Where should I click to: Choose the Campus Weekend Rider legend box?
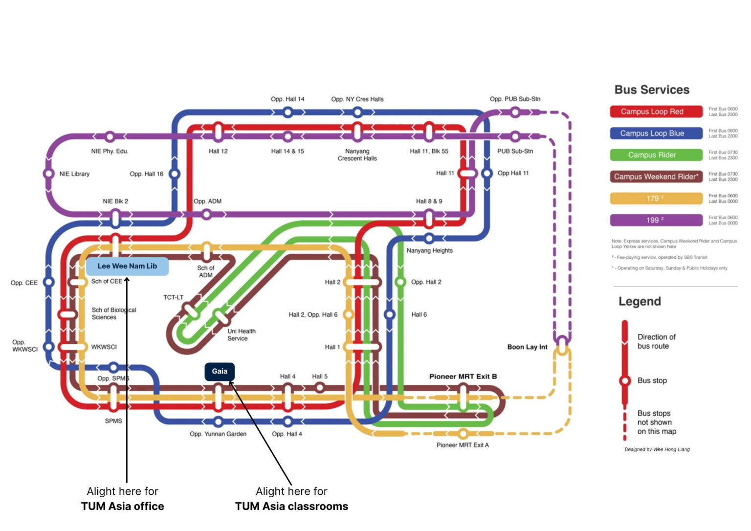[656, 177]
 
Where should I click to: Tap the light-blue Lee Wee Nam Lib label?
[127, 266]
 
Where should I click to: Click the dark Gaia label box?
[220, 371]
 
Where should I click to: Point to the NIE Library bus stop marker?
[49, 174]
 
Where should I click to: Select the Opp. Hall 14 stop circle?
[288, 112]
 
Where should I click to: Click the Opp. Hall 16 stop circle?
[175, 174]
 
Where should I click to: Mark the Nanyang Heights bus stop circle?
[429, 239]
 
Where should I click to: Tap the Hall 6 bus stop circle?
[390, 314]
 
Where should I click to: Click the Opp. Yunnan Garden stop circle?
[218, 421]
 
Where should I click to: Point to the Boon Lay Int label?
[527, 347]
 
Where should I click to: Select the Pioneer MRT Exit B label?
[463, 376]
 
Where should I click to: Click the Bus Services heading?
[652, 90]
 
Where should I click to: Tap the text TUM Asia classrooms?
[291, 507]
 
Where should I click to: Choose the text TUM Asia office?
[123, 507]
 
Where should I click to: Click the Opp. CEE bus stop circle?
[49, 282]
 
